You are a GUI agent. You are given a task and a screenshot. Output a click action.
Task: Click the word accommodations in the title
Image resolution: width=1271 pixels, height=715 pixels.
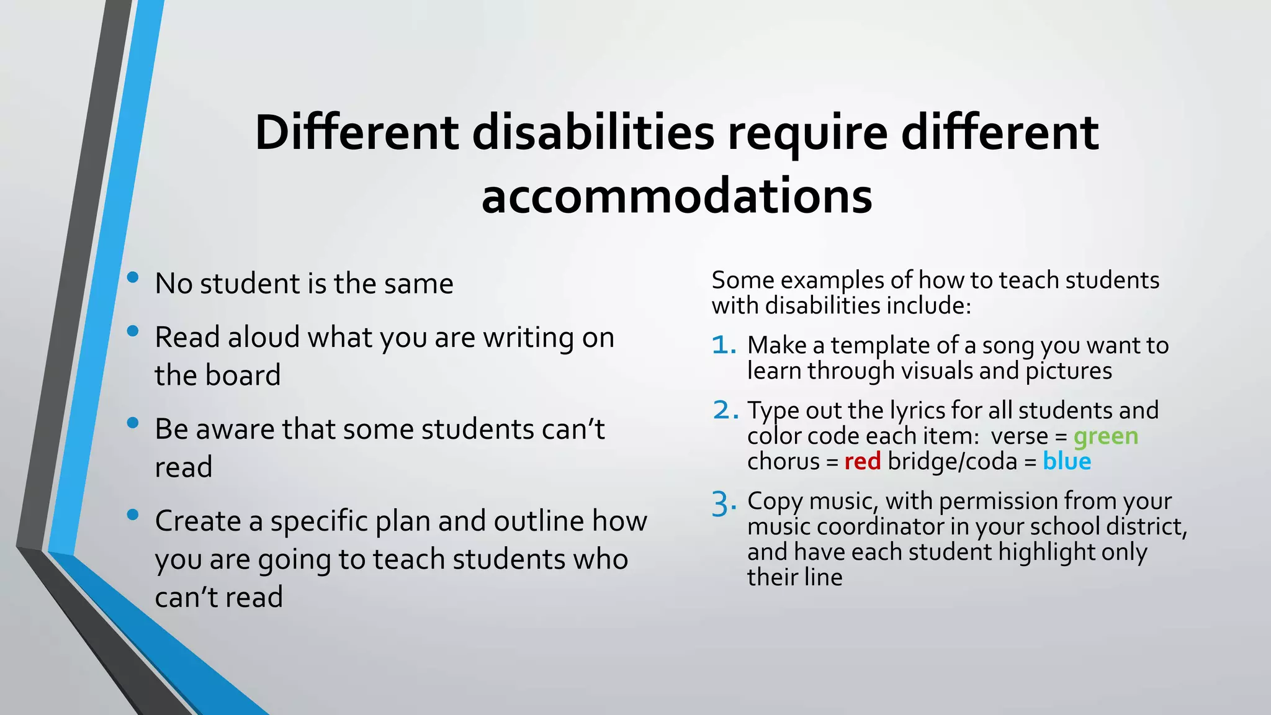point(676,196)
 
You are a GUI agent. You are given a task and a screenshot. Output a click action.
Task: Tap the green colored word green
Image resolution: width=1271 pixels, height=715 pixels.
point(1105,436)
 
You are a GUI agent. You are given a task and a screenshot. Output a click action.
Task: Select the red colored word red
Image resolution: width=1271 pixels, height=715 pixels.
point(862,462)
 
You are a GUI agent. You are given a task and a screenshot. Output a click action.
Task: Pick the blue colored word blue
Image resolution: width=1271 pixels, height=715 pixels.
point(1066,462)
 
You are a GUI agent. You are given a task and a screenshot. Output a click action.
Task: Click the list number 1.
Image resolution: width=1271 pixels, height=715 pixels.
point(723,346)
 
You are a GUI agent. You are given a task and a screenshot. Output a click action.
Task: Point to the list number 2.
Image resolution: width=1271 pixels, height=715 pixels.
point(724,410)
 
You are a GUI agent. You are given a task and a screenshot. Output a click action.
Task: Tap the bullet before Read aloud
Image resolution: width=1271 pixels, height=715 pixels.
point(132,331)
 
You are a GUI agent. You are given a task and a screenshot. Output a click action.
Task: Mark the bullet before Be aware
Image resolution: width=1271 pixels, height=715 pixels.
point(132,423)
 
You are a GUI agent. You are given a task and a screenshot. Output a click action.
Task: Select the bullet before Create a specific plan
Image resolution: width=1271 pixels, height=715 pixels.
point(132,515)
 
